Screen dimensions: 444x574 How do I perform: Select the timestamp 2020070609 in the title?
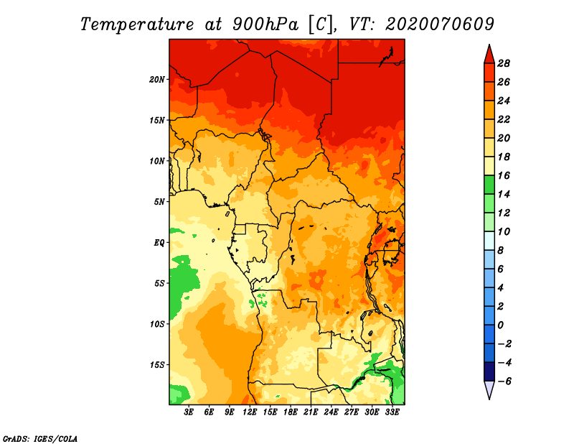click(x=440, y=24)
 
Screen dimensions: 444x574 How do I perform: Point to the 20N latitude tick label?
click(x=158, y=79)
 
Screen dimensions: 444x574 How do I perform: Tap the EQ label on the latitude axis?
click(x=160, y=242)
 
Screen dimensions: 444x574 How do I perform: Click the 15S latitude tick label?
click(x=158, y=364)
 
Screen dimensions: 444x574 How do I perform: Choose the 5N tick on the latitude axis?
click(x=160, y=201)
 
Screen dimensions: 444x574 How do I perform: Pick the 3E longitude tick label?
click(x=189, y=412)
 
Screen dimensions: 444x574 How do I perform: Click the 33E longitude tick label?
click(x=392, y=412)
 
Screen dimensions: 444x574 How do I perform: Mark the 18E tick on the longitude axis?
click(x=291, y=412)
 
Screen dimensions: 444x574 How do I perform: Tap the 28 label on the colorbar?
click(x=504, y=63)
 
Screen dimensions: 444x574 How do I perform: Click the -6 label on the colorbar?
click(x=504, y=381)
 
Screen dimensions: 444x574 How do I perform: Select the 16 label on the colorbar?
click(x=504, y=175)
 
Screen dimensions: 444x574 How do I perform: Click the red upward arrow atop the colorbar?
click(x=488, y=55)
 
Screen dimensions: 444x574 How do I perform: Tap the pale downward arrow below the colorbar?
click(x=488, y=389)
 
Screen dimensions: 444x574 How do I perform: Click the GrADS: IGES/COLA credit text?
click(x=40, y=438)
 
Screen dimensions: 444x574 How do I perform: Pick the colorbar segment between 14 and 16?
click(x=488, y=185)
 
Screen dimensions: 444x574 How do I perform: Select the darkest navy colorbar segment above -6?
click(x=488, y=371)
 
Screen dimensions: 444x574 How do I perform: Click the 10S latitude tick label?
click(x=158, y=323)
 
